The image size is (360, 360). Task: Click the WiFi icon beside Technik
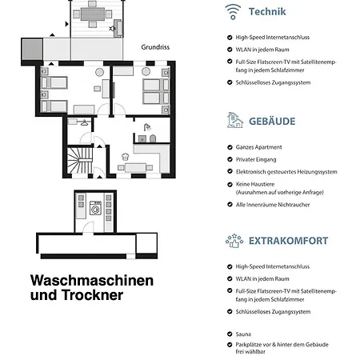[233, 11]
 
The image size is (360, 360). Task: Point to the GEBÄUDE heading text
[272, 122]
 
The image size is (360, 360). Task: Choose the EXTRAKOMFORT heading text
[288, 241]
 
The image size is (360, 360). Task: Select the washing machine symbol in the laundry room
[96, 214]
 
